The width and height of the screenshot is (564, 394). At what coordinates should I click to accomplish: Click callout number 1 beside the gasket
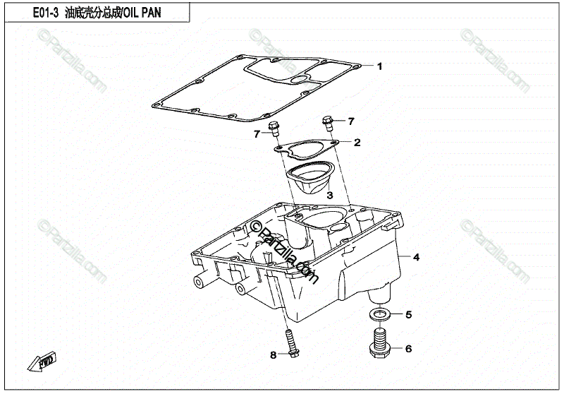tap(379, 67)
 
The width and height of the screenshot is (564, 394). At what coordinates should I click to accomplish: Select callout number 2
tap(357, 143)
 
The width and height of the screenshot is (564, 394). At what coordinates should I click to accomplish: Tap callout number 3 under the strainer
tap(329, 194)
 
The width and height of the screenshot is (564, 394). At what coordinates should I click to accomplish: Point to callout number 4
tap(416, 257)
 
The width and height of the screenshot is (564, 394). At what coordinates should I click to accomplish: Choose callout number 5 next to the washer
tap(407, 314)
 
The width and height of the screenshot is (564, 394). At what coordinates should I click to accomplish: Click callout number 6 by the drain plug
tap(407, 348)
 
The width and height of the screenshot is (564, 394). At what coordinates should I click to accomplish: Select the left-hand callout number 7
tap(257, 133)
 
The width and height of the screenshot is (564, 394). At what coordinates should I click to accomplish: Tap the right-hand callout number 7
tap(350, 121)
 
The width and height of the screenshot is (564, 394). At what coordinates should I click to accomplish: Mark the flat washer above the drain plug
tap(379, 313)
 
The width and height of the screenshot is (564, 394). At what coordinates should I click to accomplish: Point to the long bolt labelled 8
tap(289, 344)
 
